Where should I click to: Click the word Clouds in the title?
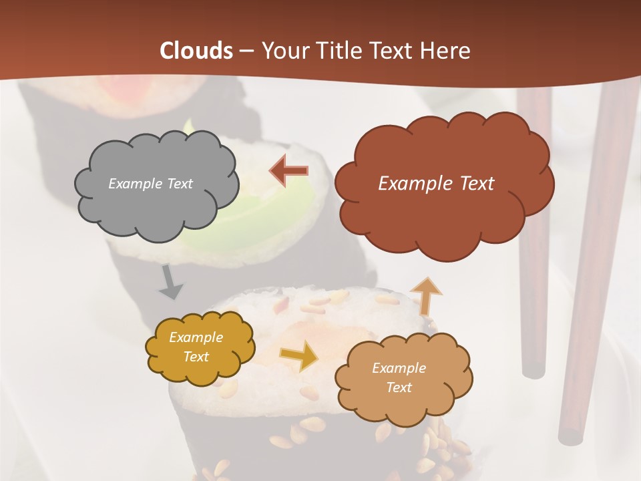196,51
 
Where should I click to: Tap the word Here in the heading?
445,51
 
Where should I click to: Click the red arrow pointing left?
288,171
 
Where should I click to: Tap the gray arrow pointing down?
170,283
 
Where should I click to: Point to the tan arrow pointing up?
426,297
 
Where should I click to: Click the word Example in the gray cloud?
134,184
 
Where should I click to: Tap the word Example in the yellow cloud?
196,337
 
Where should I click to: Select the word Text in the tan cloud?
399,387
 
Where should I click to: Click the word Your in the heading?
285,51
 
